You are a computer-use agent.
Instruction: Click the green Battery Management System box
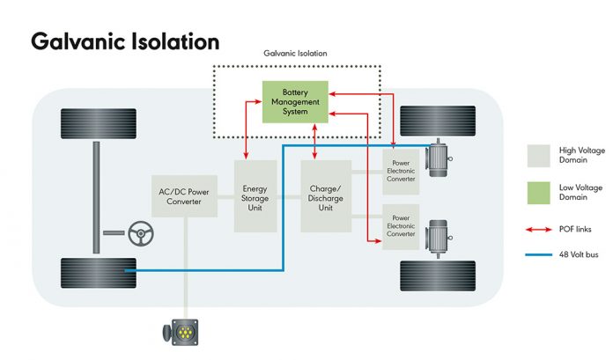295,102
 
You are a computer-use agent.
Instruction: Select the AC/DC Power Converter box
184,196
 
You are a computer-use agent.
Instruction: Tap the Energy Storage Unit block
255,196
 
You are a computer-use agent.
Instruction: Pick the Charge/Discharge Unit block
326,196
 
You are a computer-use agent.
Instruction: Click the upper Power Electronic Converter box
401,172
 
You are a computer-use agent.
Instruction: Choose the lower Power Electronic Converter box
401,227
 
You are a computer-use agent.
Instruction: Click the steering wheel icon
141,233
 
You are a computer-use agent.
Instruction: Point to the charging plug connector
181,332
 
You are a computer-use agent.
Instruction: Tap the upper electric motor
439,158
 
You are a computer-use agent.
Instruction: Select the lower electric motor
439,238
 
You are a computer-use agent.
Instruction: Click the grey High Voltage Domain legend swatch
538,156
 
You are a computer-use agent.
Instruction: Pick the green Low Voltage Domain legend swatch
538,193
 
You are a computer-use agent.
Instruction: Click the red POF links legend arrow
539,230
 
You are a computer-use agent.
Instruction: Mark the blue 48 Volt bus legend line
539,255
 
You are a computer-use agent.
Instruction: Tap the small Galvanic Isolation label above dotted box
295,53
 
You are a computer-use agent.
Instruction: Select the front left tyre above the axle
99,123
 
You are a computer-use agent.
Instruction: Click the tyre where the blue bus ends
99,273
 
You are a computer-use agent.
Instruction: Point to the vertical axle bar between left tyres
96,198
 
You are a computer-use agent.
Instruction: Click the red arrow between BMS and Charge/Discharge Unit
314,142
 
